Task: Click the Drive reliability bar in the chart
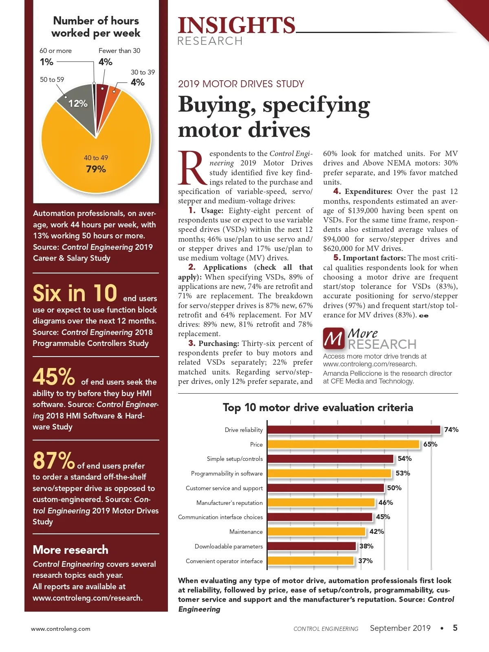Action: click(x=354, y=430)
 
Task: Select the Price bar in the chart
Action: click(x=343, y=445)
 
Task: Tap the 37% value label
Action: click(x=366, y=561)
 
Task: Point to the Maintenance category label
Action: click(x=246, y=532)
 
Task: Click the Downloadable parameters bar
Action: click(x=312, y=546)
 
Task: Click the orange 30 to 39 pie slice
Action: click(x=113, y=95)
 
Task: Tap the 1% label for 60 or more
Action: click(x=46, y=62)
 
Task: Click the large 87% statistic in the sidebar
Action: click(x=53, y=461)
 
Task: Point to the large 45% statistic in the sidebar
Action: click(x=53, y=377)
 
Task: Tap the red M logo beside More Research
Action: click(x=334, y=339)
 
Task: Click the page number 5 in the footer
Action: click(x=455, y=628)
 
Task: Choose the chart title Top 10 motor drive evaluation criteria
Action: click(x=318, y=407)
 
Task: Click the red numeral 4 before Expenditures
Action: click(x=337, y=191)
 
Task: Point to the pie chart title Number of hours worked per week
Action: click(x=96, y=27)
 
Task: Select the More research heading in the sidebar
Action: click(x=70, y=550)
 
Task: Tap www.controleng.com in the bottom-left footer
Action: click(x=61, y=629)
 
